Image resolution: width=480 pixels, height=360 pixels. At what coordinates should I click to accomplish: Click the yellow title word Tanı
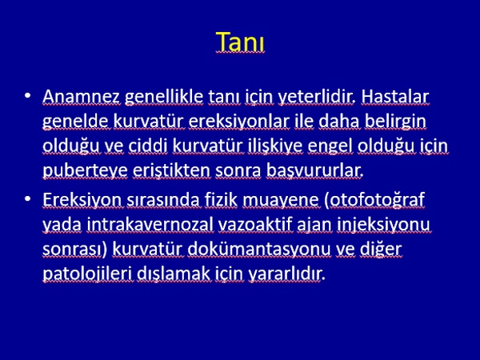click(240, 42)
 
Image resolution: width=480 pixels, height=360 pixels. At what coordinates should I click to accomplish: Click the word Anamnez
click(81, 97)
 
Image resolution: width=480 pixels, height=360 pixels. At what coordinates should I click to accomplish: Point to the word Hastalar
click(395, 97)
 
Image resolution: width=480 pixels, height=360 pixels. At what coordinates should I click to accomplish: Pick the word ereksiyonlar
click(239, 122)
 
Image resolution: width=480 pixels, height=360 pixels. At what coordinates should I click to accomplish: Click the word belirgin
click(395, 122)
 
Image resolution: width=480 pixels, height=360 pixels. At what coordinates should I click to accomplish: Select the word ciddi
click(148, 146)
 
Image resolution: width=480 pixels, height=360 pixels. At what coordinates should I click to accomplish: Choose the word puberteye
click(85, 171)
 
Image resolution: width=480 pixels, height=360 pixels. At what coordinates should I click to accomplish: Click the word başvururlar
click(314, 171)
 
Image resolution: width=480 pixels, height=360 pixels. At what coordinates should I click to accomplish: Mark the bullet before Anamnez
click(27, 95)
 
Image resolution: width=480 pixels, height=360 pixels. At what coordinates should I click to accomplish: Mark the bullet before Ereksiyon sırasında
click(27, 199)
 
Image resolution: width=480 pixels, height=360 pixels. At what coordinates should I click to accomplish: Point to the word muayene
click(282, 201)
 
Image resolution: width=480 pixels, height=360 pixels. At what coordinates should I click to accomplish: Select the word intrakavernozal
click(150, 225)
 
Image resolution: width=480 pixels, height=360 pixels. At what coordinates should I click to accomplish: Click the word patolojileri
click(88, 274)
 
